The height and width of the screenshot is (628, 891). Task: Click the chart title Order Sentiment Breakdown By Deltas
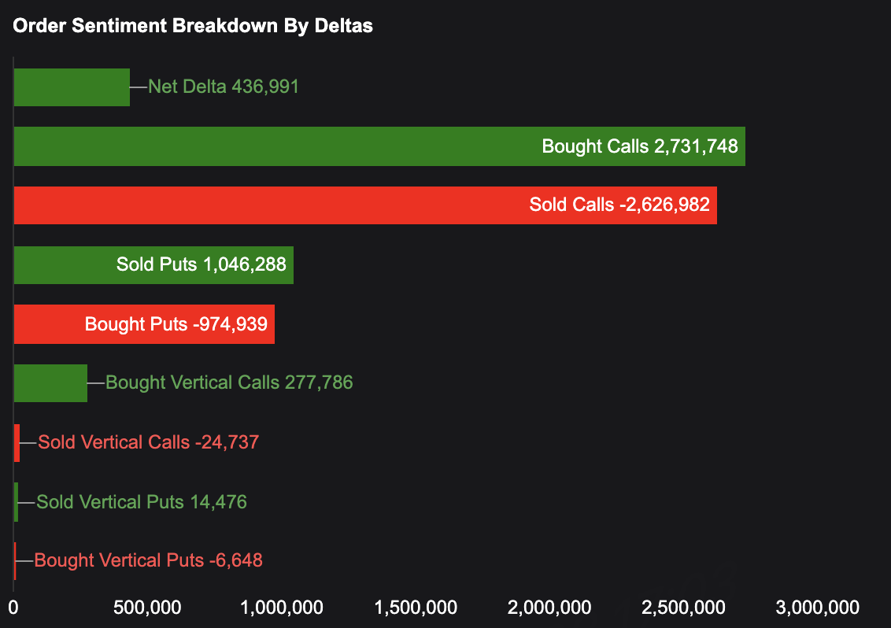point(193,26)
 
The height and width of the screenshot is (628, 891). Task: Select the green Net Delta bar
point(72,87)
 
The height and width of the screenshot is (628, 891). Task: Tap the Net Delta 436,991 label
point(224,87)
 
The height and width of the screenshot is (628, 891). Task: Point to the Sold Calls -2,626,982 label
point(619,205)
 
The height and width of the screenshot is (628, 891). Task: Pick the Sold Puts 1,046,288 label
point(201,264)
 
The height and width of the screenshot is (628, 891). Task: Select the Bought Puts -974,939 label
point(176,324)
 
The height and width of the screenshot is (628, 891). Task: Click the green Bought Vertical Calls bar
point(50,383)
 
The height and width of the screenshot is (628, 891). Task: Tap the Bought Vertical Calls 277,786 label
point(229,383)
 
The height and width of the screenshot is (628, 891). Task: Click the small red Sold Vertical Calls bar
point(17,442)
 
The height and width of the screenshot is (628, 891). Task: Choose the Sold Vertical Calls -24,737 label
point(149,442)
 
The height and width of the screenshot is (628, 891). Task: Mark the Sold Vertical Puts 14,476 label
point(142,502)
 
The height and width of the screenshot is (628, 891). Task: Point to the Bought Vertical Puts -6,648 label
point(149,561)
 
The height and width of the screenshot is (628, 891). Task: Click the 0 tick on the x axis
point(13,608)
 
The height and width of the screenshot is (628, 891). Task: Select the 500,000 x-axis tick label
point(148,608)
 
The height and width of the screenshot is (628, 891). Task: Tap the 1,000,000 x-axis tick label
point(282,608)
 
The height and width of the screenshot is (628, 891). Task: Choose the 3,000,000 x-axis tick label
point(818,608)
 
